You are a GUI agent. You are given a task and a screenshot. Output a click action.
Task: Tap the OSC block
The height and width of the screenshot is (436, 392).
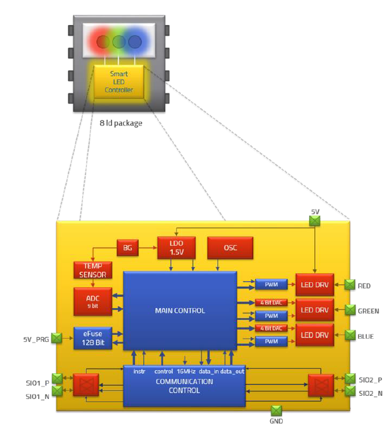tap(230, 248)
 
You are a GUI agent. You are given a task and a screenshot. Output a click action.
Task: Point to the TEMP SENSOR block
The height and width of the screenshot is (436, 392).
tap(92, 270)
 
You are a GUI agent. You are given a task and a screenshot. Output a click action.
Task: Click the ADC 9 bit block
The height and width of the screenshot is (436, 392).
tap(92, 301)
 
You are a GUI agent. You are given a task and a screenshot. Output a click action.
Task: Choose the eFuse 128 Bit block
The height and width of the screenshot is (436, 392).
tap(92, 338)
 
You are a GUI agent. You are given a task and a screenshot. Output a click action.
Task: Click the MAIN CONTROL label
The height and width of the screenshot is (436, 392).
tap(180, 311)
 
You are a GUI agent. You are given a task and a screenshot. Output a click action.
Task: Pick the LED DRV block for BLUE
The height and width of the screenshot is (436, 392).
tap(315, 335)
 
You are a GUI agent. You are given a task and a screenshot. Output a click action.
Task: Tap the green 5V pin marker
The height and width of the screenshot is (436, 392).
tap(315, 220)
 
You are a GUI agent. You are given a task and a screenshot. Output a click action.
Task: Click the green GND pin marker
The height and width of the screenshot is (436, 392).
tap(276, 410)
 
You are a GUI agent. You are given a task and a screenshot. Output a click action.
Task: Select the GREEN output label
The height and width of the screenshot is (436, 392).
tap(368, 311)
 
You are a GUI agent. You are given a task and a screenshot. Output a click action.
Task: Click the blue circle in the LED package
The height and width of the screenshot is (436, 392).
tap(134, 42)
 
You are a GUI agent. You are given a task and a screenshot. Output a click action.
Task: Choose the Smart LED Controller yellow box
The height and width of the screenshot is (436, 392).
tap(119, 82)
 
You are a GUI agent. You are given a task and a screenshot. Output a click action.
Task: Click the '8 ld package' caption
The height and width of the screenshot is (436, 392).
tap(121, 123)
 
